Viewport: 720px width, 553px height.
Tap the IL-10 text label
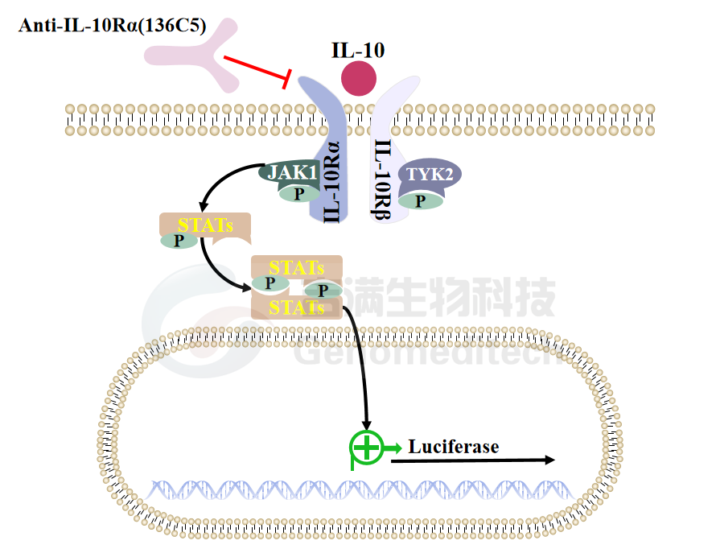(359, 51)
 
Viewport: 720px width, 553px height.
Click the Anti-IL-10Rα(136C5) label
(112, 26)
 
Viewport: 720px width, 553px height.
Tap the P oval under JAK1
(298, 193)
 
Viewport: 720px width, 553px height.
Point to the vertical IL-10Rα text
(331, 181)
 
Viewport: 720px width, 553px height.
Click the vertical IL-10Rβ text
(384, 180)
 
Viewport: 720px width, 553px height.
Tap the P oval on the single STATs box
(179, 240)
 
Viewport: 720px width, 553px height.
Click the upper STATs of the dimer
(297, 266)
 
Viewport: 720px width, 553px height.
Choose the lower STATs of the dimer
(297, 307)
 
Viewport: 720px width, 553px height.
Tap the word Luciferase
(454, 446)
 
